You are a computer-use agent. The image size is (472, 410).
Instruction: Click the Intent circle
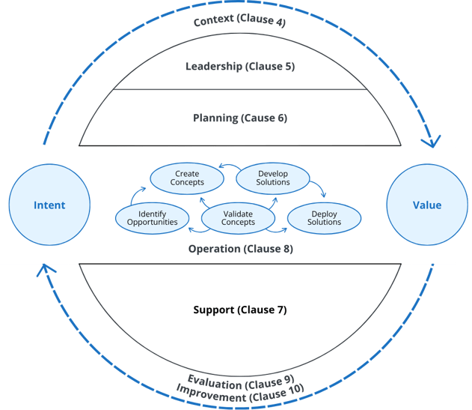[x=49, y=205]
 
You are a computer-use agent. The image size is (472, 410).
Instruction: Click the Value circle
[x=427, y=205]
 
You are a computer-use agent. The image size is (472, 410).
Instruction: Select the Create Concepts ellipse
[x=187, y=178]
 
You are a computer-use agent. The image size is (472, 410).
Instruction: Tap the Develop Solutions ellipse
[x=273, y=178]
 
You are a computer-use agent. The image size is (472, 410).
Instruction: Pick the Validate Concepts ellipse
[x=238, y=217]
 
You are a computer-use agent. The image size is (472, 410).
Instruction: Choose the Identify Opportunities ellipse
[x=153, y=217]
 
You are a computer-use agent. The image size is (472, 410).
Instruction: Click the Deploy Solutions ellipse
[x=324, y=217]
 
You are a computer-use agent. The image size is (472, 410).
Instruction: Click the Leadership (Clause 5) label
[x=240, y=67]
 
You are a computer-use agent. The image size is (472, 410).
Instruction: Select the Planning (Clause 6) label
[x=240, y=118]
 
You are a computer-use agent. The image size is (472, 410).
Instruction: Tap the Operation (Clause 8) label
[x=239, y=249]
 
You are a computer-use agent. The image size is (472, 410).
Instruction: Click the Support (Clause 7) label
[x=240, y=310]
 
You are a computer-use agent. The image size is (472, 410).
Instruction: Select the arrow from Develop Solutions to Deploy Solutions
[x=319, y=187]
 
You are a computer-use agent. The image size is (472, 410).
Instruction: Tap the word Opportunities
[x=153, y=222]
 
